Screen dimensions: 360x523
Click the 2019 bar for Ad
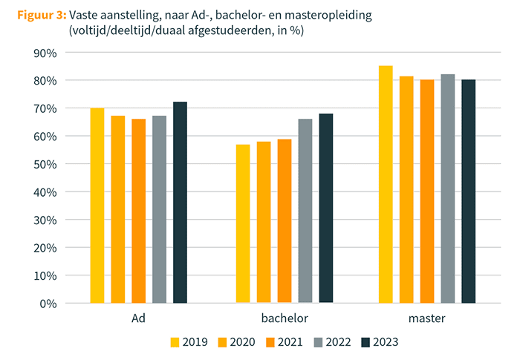pyautogui.click(x=97, y=206)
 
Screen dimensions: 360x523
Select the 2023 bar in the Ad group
pyautogui.click(x=180, y=203)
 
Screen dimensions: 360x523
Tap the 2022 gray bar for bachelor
pyautogui.click(x=305, y=211)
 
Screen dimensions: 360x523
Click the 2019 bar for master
pyautogui.click(x=386, y=185)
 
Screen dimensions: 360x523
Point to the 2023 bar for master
pyautogui.click(x=468, y=192)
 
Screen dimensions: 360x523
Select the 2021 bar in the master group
pyautogui.click(x=426, y=192)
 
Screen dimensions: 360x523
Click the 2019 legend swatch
pyautogui.click(x=175, y=342)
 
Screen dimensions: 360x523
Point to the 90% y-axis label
pyautogui.click(x=46, y=53)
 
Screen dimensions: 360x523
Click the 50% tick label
pyautogui.click(x=46, y=164)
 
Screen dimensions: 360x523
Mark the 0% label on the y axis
pyautogui.click(x=49, y=303)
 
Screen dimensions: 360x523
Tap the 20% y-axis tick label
pyautogui.click(x=46, y=247)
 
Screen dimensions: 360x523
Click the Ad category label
pyautogui.click(x=138, y=318)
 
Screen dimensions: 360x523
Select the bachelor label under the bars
pyautogui.click(x=285, y=318)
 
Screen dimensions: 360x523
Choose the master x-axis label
pyautogui.click(x=426, y=318)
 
